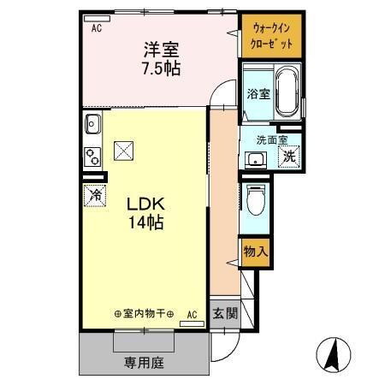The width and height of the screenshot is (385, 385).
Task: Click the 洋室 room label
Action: pos(160,50)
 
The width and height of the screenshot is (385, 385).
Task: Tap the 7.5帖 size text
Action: pos(160,68)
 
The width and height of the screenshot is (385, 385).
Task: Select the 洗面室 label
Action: pos(270,139)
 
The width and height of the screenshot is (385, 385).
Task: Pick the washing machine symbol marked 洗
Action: pos(289,157)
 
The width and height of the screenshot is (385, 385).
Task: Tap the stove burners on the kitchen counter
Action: pos(92,157)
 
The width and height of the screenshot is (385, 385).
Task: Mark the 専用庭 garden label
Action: pos(146,362)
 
